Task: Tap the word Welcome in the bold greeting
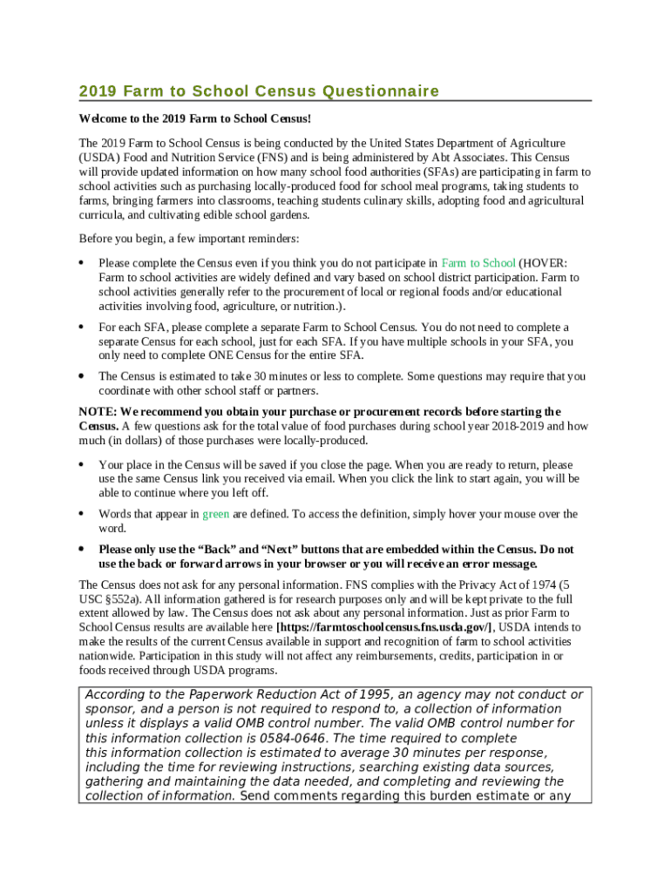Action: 102,118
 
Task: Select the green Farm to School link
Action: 478,262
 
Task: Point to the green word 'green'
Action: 216,514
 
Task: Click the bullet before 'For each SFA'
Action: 81,327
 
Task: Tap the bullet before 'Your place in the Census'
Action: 81,464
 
